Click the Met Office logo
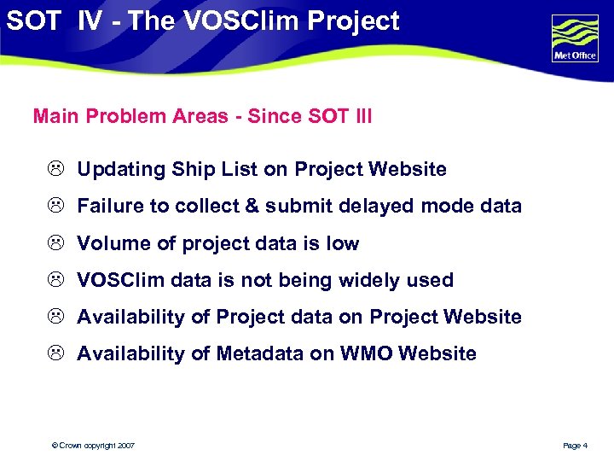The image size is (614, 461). coord(576,38)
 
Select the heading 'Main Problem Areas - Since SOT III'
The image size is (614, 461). coord(202,116)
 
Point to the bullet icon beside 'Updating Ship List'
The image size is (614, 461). coord(54,170)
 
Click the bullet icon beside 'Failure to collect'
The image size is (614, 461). coord(54,207)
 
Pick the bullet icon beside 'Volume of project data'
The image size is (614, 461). coord(54,244)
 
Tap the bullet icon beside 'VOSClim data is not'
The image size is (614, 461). coord(54,281)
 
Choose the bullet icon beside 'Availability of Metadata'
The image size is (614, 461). coord(54,354)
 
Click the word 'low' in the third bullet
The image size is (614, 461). coord(343,244)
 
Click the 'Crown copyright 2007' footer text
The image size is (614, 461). coord(93,446)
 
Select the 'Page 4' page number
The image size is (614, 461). coord(576,446)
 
